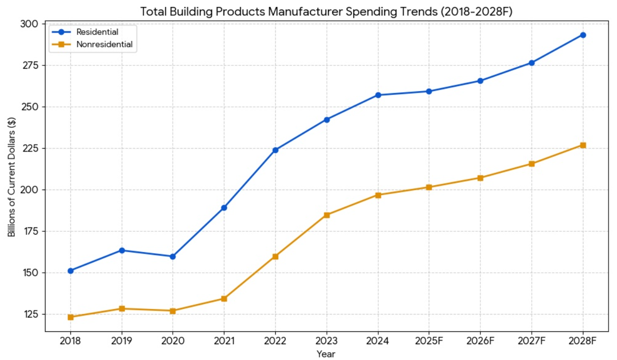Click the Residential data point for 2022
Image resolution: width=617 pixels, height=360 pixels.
[x=275, y=150]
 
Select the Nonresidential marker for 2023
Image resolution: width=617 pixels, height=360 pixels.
[x=327, y=215]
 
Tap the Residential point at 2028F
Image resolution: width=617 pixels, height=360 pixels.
[x=583, y=35]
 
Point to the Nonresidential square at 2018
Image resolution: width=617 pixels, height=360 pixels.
[x=70, y=317]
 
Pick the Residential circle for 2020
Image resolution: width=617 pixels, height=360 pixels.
[x=173, y=257]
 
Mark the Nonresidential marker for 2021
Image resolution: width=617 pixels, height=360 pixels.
[x=224, y=299]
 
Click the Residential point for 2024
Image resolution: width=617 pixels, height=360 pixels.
[x=378, y=95]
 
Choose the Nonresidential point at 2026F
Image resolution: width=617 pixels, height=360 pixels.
[x=480, y=178]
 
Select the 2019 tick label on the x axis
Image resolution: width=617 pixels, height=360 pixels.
[x=121, y=341]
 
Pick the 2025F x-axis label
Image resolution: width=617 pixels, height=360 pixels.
[x=429, y=341]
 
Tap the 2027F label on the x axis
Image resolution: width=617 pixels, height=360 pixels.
[x=531, y=341]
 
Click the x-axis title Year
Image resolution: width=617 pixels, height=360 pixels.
[x=326, y=354]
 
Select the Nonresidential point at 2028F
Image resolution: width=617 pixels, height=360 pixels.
[x=583, y=145]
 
